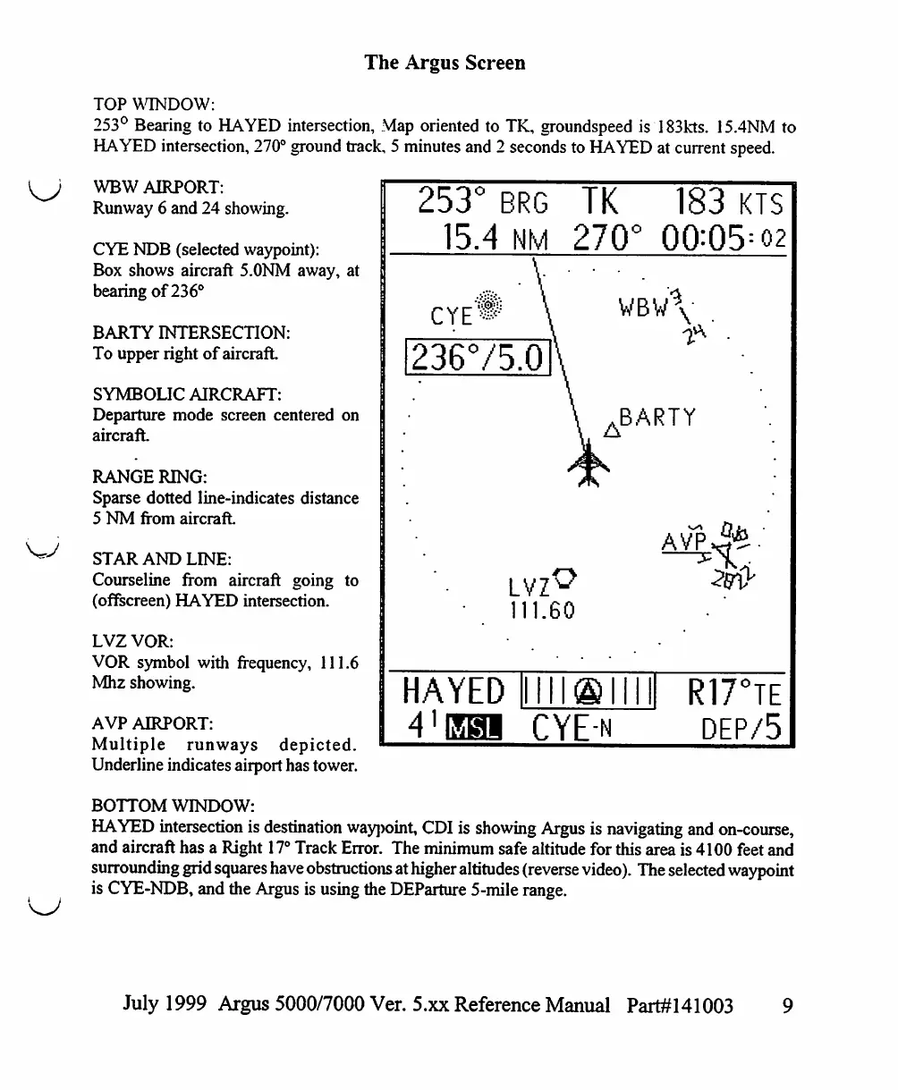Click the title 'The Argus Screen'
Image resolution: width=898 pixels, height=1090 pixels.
click(x=445, y=63)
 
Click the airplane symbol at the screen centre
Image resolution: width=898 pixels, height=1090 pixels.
click(x=589, y=466)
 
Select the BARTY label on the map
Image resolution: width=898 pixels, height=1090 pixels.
click(x=657, y=418)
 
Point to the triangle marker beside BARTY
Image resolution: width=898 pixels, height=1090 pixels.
click(x=613, y=431)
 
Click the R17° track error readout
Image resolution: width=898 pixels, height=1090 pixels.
click(x=733, y=693)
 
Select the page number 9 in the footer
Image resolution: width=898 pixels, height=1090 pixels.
click(x=787, y=1006)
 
